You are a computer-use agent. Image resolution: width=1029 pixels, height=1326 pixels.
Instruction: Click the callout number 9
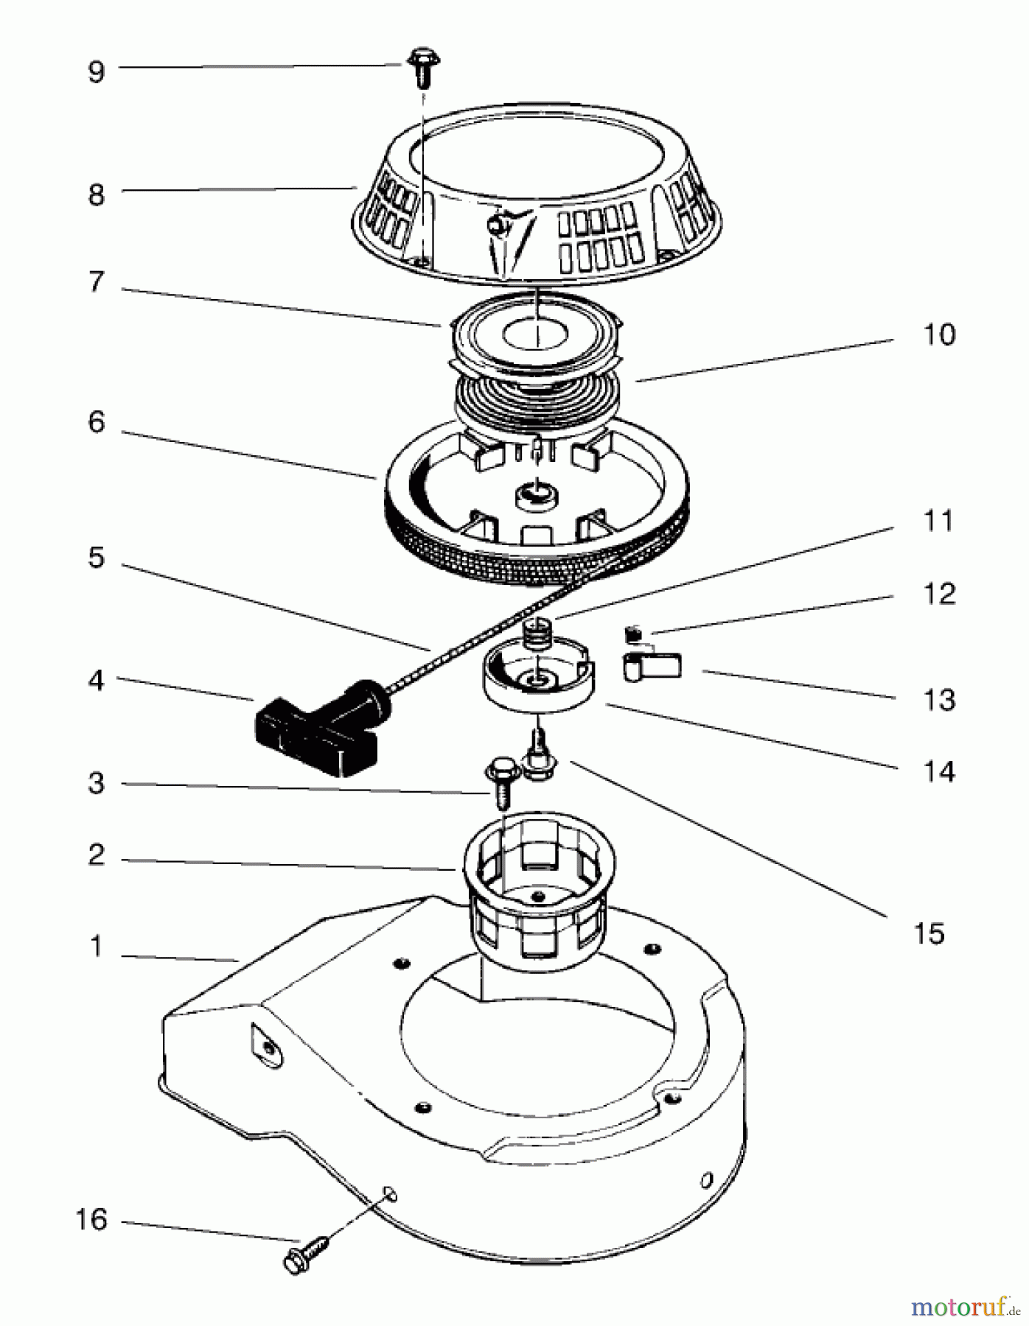pyautogui.click(x=97, y=72)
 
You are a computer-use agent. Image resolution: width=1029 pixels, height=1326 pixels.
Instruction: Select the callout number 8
pyautogui.click(x=97, y=195)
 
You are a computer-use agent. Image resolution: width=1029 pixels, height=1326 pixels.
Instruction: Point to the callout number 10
pyautogui.click(x=939, y=334)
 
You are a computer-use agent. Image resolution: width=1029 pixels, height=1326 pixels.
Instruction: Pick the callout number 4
pyautogui.click(x=97, y=681)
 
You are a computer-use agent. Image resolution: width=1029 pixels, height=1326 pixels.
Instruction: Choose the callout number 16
pyautogui.click(x=91, y=1220)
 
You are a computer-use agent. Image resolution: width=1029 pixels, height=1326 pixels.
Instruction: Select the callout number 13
pyautogui.click(x=939, y=700)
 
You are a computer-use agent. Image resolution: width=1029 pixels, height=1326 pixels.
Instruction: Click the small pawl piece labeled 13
pyautogui.click(x=653, y=666)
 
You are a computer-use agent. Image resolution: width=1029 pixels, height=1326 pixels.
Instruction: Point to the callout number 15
pyautogui.click(x=929, y=933)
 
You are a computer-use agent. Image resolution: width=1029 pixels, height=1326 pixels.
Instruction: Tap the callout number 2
pyautogui.click(x=97, y=855)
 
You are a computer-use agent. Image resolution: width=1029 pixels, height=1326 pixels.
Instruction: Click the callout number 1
pyautogui.click(x=97, y=947)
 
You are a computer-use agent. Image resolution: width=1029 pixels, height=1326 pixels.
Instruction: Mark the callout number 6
pyautogui.click(x=97, y=422)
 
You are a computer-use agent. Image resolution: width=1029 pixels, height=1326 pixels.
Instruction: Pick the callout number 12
pyautogui.click(x=939, y=594)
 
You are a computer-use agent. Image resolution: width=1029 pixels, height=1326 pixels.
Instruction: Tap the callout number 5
pyautogui.click(x=97, y=558)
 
